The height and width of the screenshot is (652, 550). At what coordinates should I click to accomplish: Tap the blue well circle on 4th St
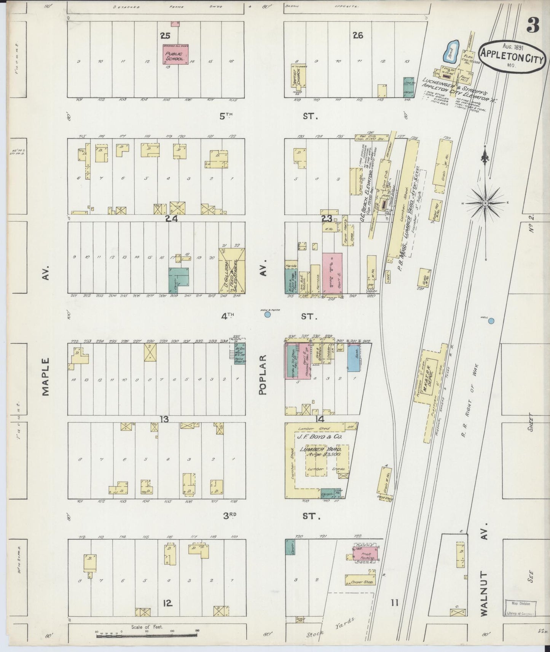click(x=268, y=314)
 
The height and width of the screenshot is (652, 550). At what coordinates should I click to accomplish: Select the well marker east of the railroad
click(x=491, y=321)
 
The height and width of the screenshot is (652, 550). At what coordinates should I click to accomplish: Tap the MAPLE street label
click(x=46, y=377)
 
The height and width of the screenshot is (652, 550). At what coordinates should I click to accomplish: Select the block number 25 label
click(x=165, y=36)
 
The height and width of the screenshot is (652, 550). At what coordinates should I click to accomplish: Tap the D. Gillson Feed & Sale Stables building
click(x=232, y=270)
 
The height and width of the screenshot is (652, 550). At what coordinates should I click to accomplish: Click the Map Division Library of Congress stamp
click(x=520, y=608)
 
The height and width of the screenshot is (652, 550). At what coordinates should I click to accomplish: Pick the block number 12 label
click(x=168, y=603)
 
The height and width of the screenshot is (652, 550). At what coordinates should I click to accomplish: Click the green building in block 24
click(x=179, y=279)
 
